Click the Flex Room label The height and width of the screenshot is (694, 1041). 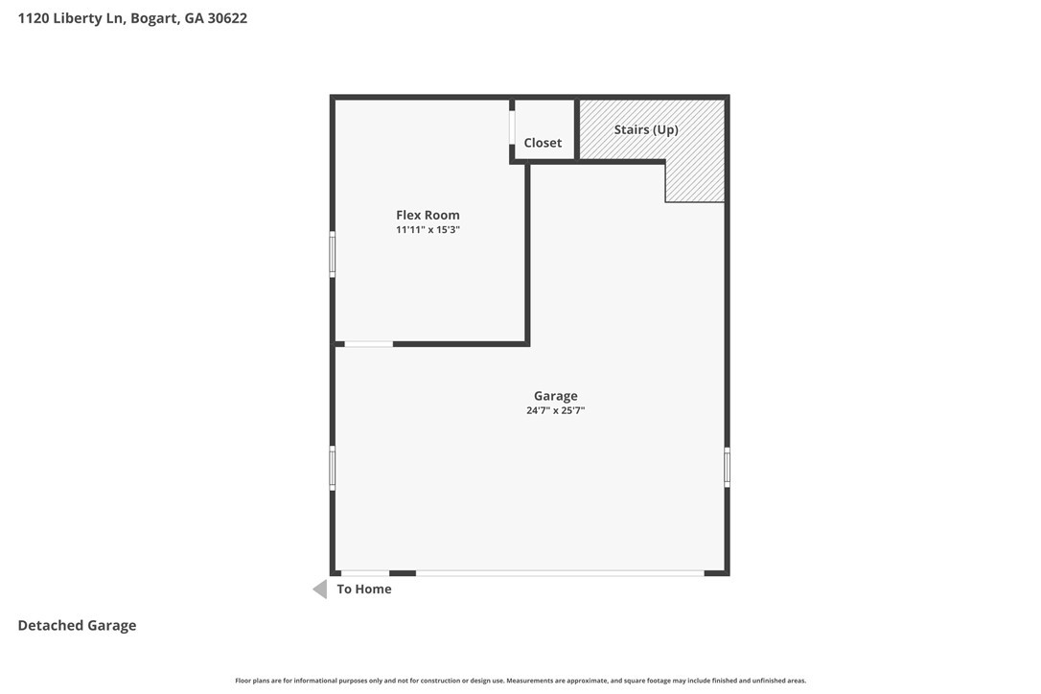click(x=428, y=215)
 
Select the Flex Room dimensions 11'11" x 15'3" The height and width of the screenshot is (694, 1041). click(x=428, y=230)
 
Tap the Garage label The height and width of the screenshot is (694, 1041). click(x=556, y=397)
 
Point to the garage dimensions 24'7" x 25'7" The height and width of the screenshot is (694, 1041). click(x=556, y=410)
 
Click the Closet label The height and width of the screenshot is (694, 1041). click(x=543, y=143)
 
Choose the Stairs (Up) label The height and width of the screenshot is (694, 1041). click(x=646, y=129)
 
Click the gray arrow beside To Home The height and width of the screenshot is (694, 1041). click(x=320, y=590)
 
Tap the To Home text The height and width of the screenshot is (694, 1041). click(x=364, y=590)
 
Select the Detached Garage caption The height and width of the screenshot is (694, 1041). click(x=77, y=626)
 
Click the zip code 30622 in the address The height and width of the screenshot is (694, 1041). click(x=227, y=18)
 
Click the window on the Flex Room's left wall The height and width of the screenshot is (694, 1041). click(x=333, y=254)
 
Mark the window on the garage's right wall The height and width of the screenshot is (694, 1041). click(x=727, y=467)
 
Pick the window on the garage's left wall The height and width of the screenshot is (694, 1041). click(x=333, y=468)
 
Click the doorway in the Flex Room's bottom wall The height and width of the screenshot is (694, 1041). click(x=368, y=344)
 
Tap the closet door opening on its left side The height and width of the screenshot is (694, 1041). click(x=512, y=127)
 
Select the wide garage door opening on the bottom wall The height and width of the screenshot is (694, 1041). click(x=560, y=573)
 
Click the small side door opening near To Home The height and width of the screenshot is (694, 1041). click(x=365, y=573)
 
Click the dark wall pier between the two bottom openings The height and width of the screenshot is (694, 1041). click(x=403, y=573)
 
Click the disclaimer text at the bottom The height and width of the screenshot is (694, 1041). click(x=520, y=681)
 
